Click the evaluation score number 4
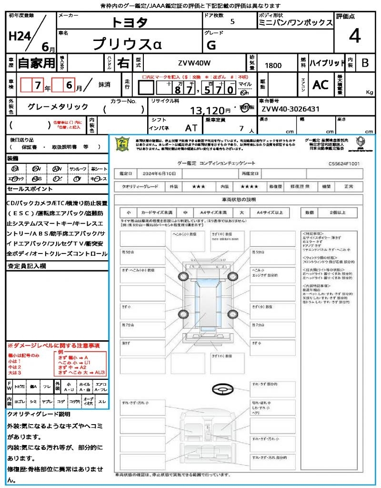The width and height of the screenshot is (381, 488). click(x=354, y=37)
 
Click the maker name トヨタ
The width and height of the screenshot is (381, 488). click(x=130, y=22)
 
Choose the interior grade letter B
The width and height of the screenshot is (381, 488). click(x=365, y=63)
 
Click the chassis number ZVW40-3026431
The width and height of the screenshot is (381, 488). click(x=290, y=109)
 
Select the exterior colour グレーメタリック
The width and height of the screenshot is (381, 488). click(x=58, y=107)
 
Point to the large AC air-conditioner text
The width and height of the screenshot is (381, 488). click(x=321, y=85)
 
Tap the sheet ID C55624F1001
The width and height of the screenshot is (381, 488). click(x=343, y=163)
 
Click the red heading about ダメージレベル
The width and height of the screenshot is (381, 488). click(x=53, y=345)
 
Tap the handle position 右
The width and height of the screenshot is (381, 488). click(x=123, y=63)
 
